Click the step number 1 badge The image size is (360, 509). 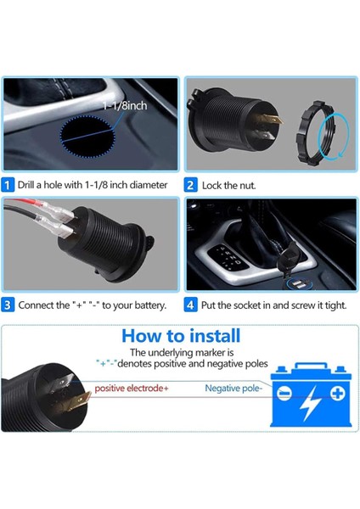click(8, 184)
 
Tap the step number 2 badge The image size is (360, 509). click(191, 184)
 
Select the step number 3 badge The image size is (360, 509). click(8, 305)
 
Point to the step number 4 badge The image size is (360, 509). click(191, 305)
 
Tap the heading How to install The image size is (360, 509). click(180, 336)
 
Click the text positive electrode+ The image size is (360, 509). click(132, 389)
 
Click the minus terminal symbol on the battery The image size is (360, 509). click(283, 394)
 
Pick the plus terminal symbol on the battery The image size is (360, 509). click(338, 394)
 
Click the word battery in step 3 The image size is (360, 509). click(148, 305)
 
